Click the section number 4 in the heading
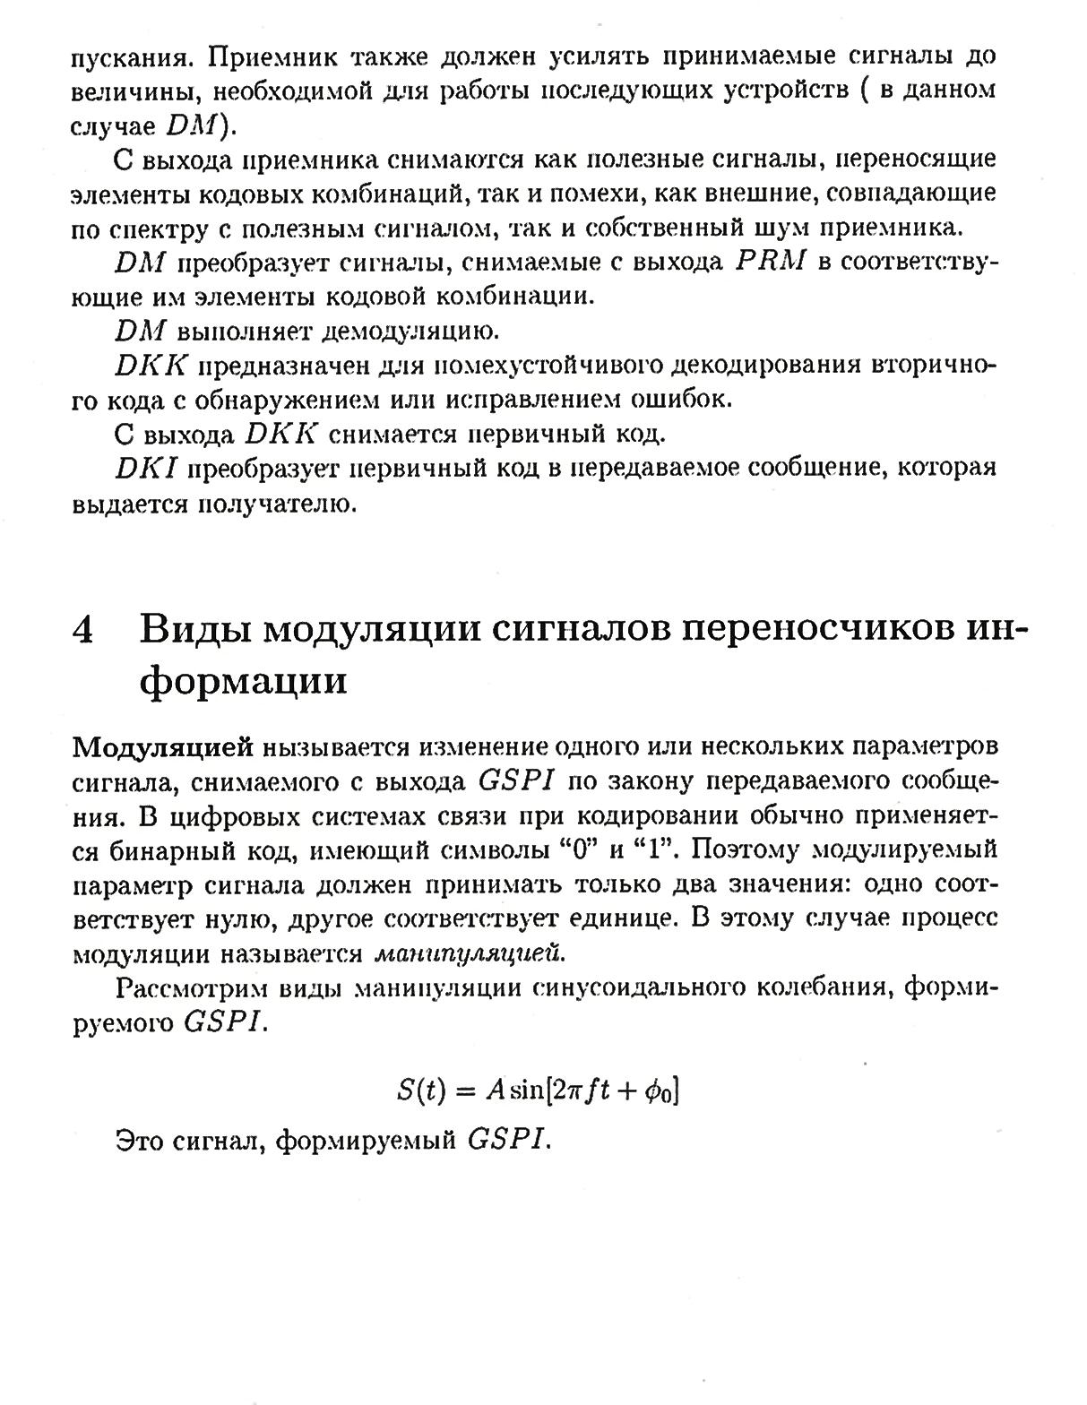82,630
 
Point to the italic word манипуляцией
470,953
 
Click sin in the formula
529,1089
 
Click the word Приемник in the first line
270,57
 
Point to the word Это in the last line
138,1141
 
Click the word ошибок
682,400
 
